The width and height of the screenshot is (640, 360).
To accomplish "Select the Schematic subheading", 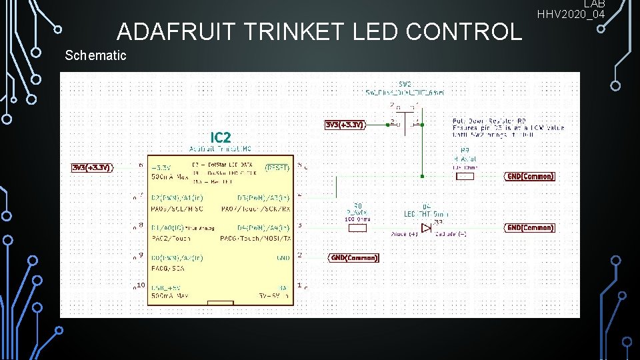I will coord(95,55).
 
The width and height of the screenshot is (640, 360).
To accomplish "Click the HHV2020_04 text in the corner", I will coord(571,14).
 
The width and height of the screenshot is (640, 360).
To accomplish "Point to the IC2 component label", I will coord(221,137).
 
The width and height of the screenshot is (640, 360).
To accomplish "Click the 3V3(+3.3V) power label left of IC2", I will coord(92,167).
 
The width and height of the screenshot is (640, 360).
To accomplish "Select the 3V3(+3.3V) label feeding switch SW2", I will coord(345,125).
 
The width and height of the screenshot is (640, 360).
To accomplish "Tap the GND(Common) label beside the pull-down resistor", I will coord(530,177).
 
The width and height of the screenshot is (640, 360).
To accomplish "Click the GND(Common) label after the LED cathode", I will coord(530,228).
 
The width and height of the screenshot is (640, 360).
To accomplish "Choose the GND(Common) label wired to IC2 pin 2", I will coord(354,257).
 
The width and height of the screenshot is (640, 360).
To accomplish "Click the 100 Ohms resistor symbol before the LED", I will coord(358,228).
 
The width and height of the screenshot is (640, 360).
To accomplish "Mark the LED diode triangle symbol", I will coord(426,228).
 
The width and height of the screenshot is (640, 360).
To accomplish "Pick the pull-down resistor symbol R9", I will coord(465,177).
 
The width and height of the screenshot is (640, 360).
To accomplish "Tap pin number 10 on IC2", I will coord(140,285).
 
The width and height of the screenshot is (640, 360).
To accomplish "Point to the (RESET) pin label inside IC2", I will coord(278,167).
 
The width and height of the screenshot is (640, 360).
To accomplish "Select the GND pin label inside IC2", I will coord(283,257).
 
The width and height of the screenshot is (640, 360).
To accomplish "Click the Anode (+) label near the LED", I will coord(404,235).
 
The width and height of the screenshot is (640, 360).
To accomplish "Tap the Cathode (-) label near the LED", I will coord(451,235).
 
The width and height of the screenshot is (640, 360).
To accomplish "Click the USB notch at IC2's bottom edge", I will coord(220,303).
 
